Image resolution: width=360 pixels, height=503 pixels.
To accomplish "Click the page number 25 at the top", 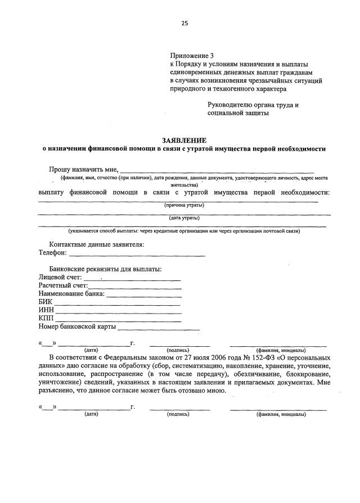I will [x=184, y=23].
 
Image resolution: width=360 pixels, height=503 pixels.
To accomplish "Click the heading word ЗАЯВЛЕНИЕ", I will [x=184, y=139].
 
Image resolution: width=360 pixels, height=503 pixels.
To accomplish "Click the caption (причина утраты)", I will [x=184, y=206].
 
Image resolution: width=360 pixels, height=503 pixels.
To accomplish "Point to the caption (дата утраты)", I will [x=184, y=218].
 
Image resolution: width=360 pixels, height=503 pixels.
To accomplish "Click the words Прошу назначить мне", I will [x=83, y=169].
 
